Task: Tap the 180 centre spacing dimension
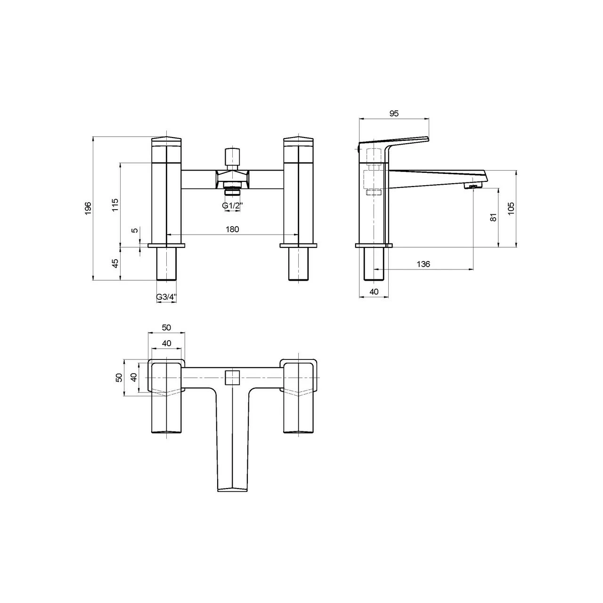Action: click(232, 229)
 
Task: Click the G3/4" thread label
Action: click(167, 297)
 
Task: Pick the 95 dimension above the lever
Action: click(394, 113)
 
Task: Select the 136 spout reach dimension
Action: click(423, 264)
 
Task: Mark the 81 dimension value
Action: click(493, 217)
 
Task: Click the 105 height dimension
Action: click(512, 208)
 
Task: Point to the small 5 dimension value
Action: click(135, 230)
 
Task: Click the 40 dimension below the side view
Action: click(374, 292)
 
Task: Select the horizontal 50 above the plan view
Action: click(166, 327)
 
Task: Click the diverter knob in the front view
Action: click(232, 155)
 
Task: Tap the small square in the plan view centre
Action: click(232, 378)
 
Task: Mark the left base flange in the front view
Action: click(167, 245)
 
